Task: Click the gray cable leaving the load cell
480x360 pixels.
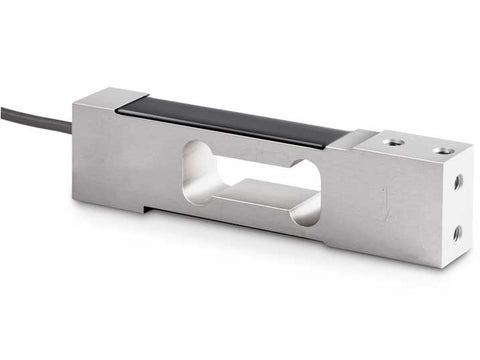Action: tap(35, 117)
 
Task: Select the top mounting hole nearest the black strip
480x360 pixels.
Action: tap(394, 142)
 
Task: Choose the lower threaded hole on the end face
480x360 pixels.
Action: tap(457, 233)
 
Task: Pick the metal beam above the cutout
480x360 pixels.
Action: tap(250, 145)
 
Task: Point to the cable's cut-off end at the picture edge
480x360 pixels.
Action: tap(3, 109)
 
